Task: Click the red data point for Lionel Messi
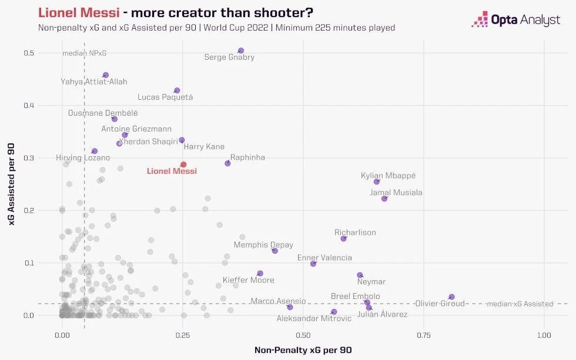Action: (x=183, y=164)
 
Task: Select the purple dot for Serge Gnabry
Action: (x=240, y=51)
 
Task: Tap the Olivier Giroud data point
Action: (x=451, y=297)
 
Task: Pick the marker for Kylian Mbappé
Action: (x=377, y=181)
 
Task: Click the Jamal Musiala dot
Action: (x=384, y=198)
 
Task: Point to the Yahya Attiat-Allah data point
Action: (x=106, y=75)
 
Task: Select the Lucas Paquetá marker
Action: (x=177, y=90)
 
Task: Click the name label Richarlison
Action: (x=355, y=233)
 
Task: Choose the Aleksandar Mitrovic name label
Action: (x=314, y=318)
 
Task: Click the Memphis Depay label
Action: (x=263, y=245)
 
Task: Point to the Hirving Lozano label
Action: (x=83, y=158)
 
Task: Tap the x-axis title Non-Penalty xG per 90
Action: (x=303, y=350)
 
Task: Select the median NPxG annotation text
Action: (x=85, y=53)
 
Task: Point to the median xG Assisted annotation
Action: (x=520, y=304)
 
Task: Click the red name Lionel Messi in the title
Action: (x=78, y=12)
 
